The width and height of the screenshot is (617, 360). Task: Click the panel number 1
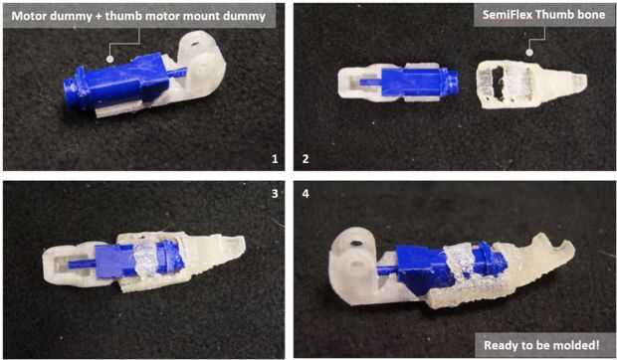click(275, 159)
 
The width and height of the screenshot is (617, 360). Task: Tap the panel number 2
click(306, 159)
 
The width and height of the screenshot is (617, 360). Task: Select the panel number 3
click(275, 193)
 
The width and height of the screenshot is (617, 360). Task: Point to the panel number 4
click(306, 193)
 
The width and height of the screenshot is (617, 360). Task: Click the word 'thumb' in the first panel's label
click(122, 16)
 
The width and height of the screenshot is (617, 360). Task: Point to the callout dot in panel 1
click(110, 59)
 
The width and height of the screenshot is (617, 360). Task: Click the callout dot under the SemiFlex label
click(529, 53)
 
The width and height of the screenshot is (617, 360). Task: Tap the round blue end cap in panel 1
click(71, 94)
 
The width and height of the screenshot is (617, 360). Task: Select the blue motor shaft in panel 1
click(178, 73)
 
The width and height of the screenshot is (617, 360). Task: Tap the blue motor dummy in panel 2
click(412, 82)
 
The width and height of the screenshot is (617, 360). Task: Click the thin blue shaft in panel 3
click(82, 264)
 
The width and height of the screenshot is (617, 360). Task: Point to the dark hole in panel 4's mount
click(355, 244)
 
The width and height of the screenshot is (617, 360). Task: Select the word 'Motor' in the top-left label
click(26, 16)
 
